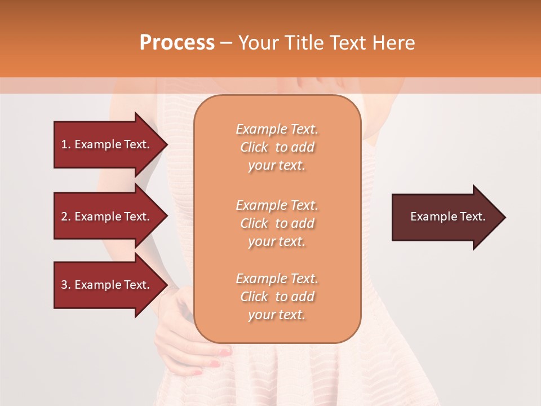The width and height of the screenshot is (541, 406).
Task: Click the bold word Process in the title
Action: [x=177, y=43]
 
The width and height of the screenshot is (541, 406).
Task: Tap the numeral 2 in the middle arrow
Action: [x=64, y=217]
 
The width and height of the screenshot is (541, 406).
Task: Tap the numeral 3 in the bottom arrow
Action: [x=64, y=285]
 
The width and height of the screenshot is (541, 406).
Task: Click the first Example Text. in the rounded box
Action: [x=277, y=129]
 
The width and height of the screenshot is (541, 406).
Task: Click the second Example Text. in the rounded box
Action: [x=277, y=205]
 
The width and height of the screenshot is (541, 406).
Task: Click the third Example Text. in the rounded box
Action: [x=277, y=279]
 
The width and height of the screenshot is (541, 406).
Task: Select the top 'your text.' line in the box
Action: [x=277, y=166]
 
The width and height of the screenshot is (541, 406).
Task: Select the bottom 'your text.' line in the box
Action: [x=277, y=315]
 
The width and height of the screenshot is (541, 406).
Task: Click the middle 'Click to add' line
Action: [x=277, y=223]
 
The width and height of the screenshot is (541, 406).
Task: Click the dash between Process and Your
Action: [x=226, y=43]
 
